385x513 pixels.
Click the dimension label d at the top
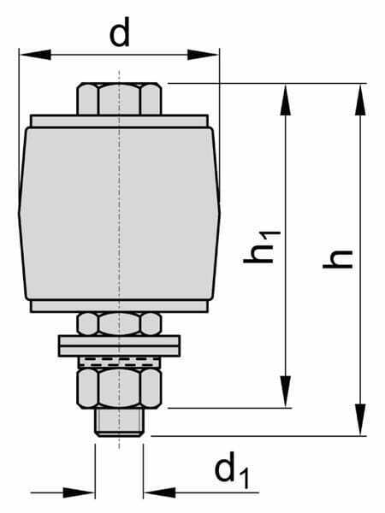120,32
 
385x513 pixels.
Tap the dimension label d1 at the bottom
232,470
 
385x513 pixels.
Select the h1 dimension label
262,247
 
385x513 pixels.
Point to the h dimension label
338,259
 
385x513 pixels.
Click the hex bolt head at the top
119,99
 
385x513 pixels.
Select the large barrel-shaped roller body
119,213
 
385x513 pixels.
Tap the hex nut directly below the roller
119,324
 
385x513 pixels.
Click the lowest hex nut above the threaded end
119,388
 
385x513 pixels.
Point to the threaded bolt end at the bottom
119,422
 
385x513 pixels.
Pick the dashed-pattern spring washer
119,363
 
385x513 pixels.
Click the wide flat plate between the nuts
119,346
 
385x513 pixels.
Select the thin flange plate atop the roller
119,121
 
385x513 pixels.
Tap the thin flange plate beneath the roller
119,306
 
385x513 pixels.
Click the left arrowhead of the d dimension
35,55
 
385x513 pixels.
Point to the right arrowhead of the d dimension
203,55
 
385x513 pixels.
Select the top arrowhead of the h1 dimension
286,99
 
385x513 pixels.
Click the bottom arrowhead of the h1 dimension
286,392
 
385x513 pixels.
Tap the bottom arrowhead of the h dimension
360,420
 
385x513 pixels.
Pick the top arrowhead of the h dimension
360,99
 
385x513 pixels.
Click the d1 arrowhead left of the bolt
79,492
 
